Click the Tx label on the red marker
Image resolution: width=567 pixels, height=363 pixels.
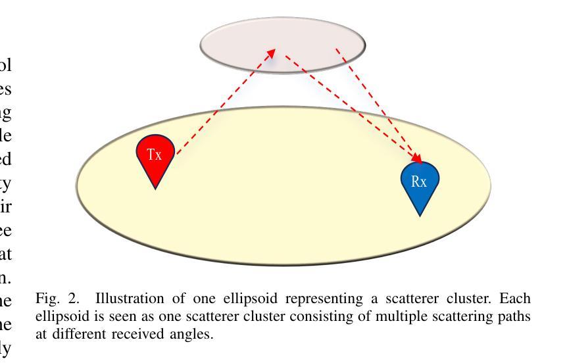[154, 155]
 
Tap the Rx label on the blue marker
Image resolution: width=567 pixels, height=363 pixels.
[419, 182]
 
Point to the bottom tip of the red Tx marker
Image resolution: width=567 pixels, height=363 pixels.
[155, 188]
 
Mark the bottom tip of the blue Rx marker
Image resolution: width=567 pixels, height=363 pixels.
[420, 215]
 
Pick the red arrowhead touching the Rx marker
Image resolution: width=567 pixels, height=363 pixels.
[416, 158]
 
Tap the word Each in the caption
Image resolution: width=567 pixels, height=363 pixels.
[520, 300]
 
